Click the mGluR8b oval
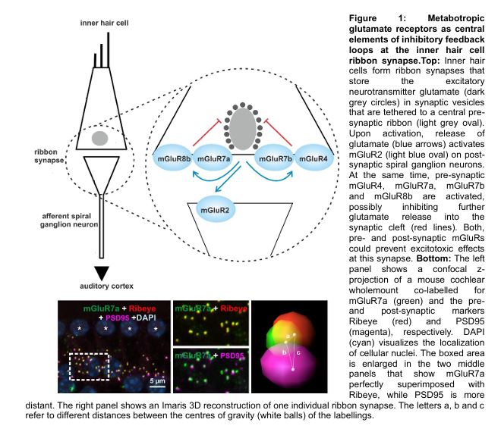(x=174, y=158)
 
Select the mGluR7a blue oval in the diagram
(x=213, y=158)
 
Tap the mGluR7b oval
(x=275, y=158)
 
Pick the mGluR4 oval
(x=314, y=158)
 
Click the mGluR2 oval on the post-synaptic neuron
(x=215, y=210)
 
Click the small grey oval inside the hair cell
(x=99, y=139)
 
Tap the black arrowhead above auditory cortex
(x=102, y=273)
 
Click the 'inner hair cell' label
(x=104, y=23)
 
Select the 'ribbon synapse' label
(x=49, y=156)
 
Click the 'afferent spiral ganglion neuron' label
(x=68, y=220)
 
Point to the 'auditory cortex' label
(x=106, y=286)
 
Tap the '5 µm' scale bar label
(x=157, y=380)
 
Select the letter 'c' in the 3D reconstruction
(x=298, y=352)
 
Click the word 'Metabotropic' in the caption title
(x=456, y=18)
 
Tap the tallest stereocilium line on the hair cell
(x=109, y=50)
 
